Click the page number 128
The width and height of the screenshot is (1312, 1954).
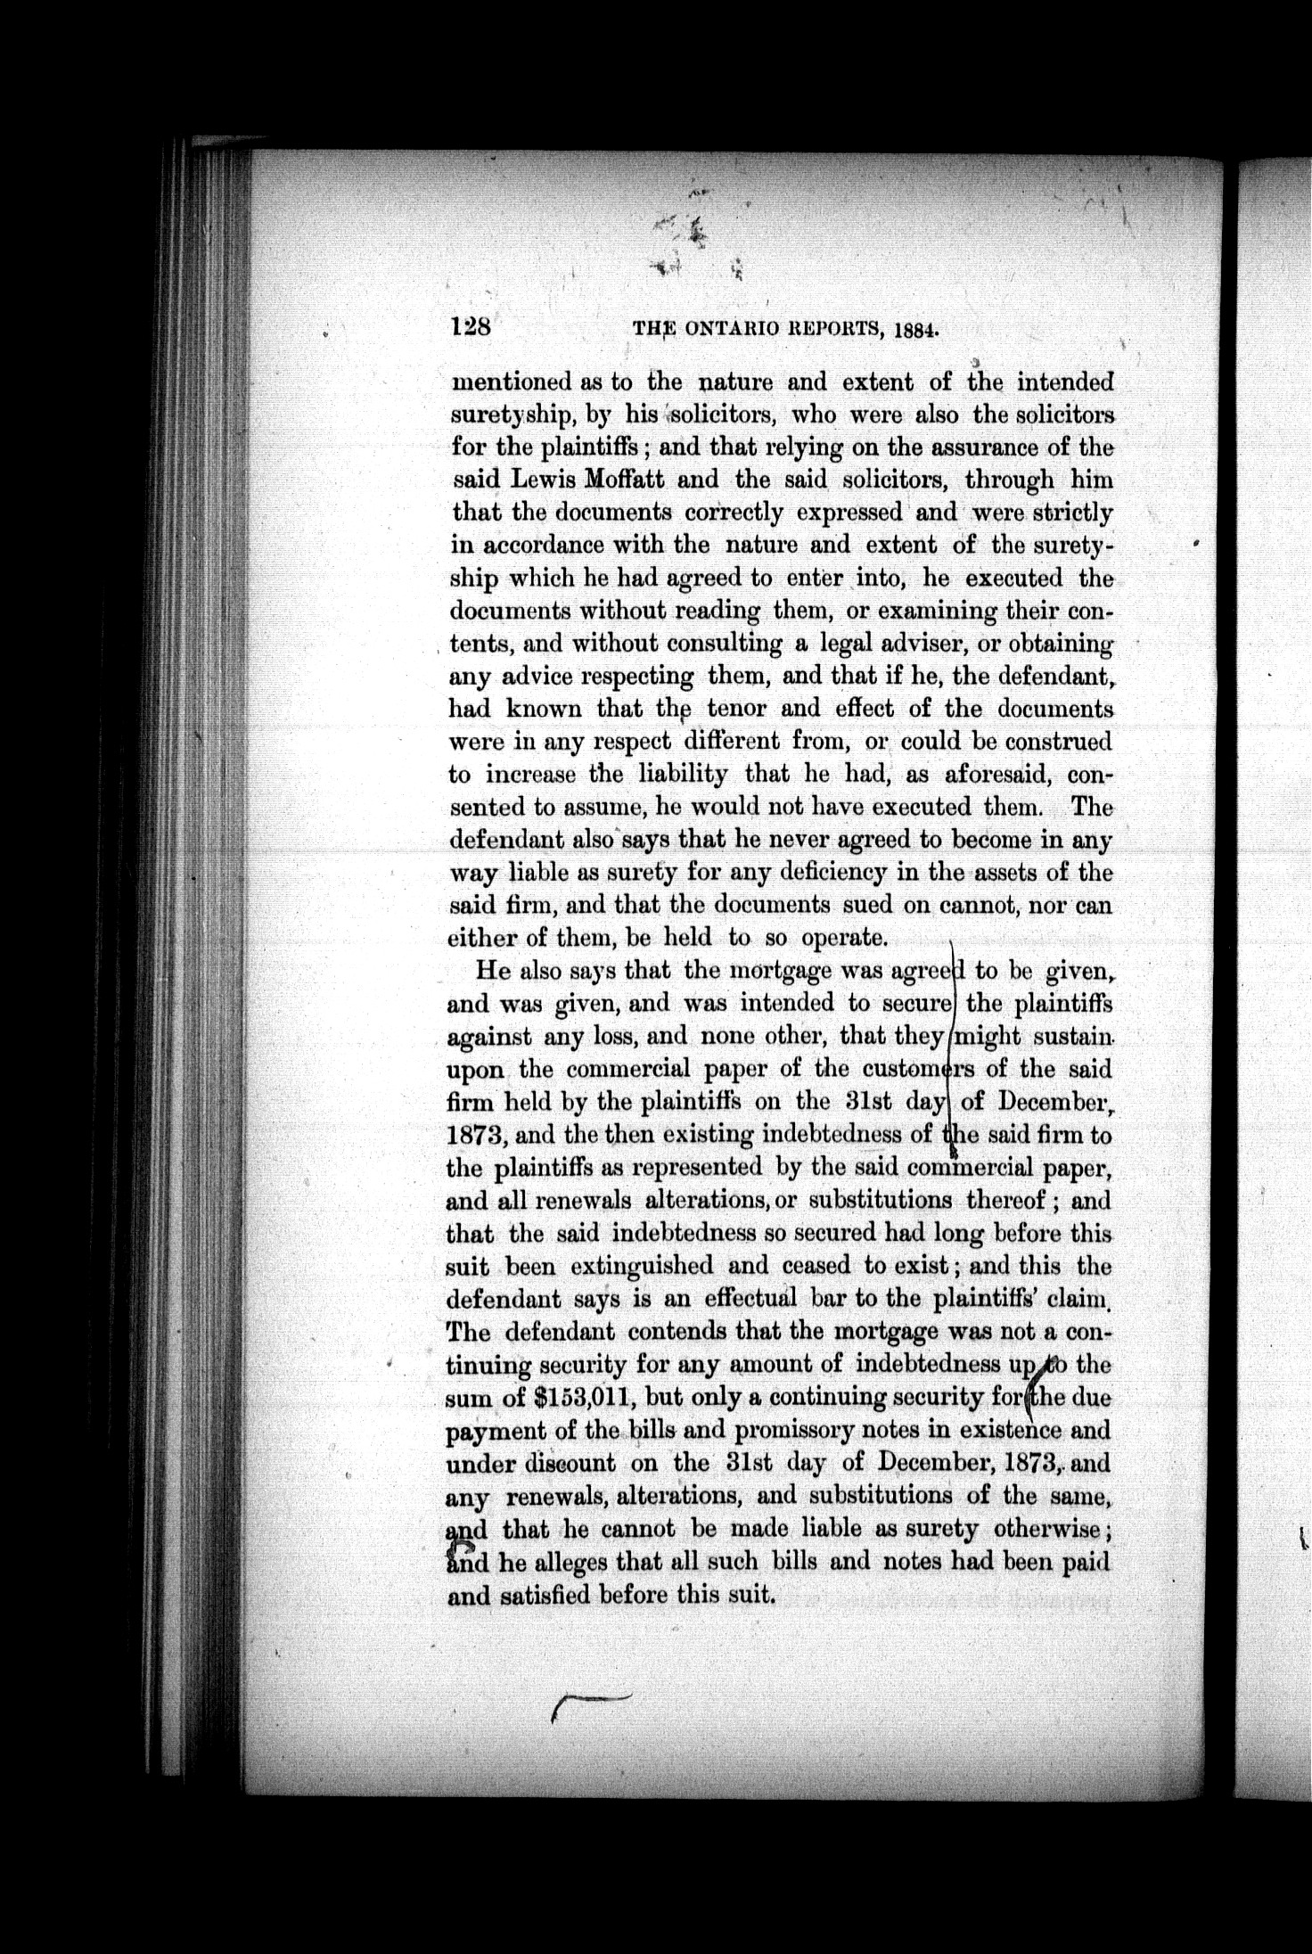[x=471, y=327]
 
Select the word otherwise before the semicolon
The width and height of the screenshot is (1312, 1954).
[x=1047, y=1529]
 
